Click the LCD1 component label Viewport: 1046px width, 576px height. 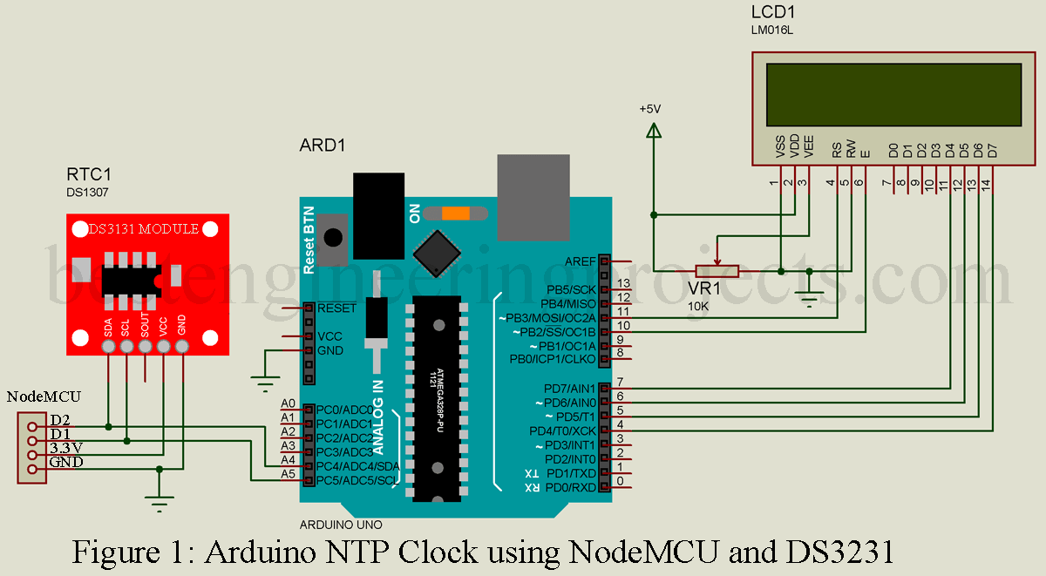pos(772,13)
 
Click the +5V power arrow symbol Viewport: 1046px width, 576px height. pos(653,129)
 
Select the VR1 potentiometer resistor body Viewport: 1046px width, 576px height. pos(716,271)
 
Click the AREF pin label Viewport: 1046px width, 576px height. pos(581,261)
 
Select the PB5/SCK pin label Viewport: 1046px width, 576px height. pos(570,289)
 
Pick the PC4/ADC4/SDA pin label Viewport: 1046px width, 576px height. pos(358,466)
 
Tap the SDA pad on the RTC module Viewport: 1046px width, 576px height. pos(108,347)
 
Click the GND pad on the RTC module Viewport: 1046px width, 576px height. pos(182,347)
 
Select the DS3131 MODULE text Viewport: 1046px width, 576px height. pos(144,229)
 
